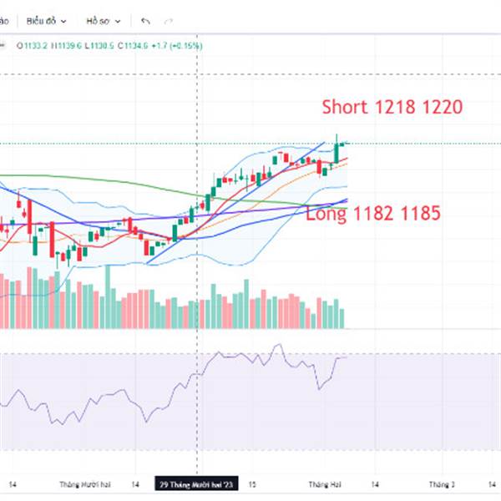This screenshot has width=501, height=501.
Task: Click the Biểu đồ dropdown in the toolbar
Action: click(49, 19)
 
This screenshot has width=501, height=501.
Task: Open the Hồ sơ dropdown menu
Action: click(104, 19)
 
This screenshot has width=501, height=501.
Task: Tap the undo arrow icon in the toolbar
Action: click(146, 19)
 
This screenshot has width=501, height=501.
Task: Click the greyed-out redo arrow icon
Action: click(169, 19)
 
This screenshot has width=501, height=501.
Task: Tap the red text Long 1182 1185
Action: click(373, 214)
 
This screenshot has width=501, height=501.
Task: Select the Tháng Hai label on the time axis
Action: click(321, 483)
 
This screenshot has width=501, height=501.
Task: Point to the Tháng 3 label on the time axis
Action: click(442, 483)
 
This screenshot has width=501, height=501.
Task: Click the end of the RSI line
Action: click(344, 357)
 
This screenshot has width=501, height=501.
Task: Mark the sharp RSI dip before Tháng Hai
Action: click(319, 387)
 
